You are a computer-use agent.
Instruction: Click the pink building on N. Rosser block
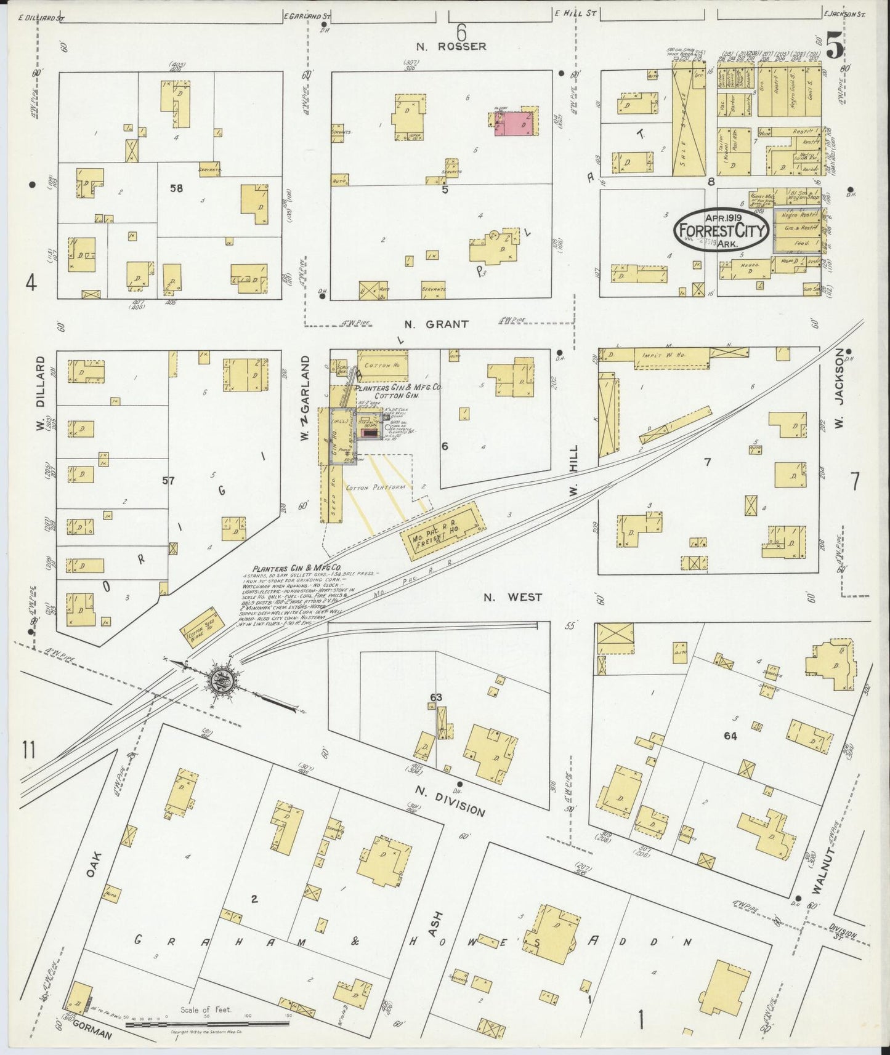513,122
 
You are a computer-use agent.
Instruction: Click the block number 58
176,188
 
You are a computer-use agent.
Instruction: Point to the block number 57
168,480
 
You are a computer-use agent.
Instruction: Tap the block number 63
436,697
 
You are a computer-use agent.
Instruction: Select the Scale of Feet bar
207,1024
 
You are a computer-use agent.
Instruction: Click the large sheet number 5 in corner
835,47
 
